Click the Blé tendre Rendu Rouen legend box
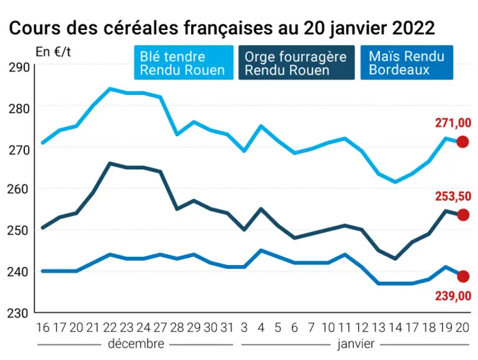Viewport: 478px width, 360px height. coord(184,62)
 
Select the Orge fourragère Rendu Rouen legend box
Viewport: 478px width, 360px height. coord(296,62)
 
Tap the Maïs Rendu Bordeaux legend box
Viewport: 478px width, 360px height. coord(407,62)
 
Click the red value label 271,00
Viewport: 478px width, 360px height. coord(453,123)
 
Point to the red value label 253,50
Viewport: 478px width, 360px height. coord(453,197)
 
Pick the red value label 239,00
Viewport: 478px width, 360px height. coord(453,296)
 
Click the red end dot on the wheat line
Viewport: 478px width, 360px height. coord(463,142)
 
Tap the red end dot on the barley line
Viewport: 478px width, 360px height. coord(463,215)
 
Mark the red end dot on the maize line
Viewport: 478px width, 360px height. coord(463,276)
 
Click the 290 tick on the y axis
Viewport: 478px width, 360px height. coord(19,67)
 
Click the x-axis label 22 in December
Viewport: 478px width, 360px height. coord(110,327)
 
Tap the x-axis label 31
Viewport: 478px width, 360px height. coord(227,327)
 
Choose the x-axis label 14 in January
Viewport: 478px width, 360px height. coord(396,327)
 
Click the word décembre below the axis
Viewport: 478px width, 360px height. coord(136,344)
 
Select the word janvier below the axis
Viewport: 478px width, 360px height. coord(356,344)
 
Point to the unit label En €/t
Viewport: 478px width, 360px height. coord(53,52)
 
